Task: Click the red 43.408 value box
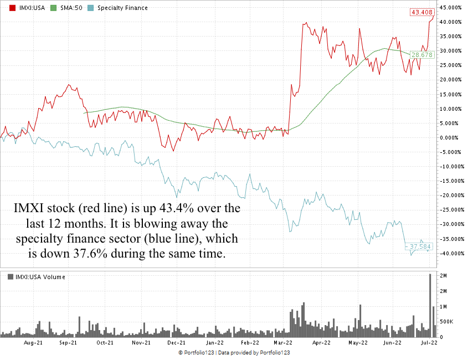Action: coord(421,12)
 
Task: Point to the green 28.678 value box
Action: coord(421,55)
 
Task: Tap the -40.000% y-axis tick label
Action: coord(450,253)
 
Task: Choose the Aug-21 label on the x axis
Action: coord(34,343)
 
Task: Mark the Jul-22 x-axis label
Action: coord(427,343)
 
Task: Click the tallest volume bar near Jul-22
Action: coord(429,305)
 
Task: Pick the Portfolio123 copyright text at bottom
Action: coord(234,353)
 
